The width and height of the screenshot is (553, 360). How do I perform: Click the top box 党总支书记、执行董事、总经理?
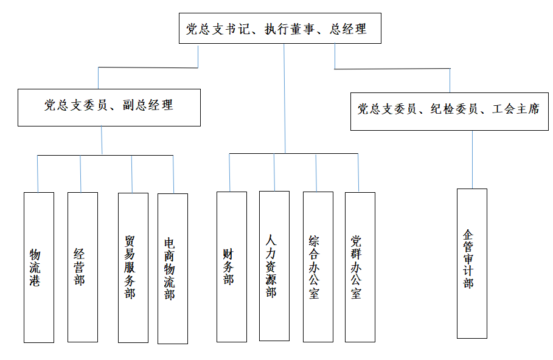(x=280, y=29)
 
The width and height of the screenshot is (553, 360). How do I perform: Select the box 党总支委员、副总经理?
(x=108, y=106)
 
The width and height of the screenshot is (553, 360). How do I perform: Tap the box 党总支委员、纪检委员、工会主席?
(x=449, y=110)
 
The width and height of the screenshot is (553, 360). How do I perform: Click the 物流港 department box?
(x=38, y=267)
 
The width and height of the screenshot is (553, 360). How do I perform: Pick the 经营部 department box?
(x=82, y=267)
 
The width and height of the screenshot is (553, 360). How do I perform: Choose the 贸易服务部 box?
(x=133, y=268)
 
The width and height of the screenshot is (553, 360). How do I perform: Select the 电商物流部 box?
(x=172, y=268)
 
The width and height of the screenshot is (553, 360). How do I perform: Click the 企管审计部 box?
(x=471, y=263)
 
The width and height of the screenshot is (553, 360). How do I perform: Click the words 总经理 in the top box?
(x=348, y=29)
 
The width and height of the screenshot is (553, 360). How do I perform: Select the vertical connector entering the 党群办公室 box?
(x=358, y=173)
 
